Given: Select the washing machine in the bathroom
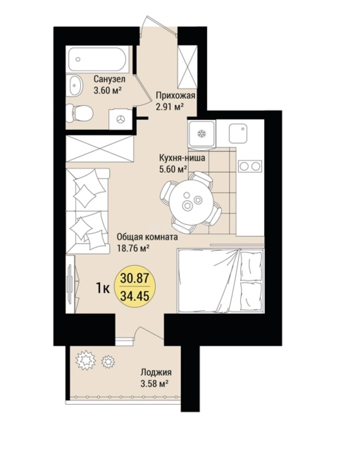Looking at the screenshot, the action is click(120, 119).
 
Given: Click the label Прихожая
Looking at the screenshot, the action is click(176, 95).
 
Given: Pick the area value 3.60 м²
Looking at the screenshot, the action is click(107, 90).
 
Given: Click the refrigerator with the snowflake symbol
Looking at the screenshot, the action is click(201, 134).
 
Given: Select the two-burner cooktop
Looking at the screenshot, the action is click(250, 166).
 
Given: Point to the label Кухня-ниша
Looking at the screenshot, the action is click(182, 158).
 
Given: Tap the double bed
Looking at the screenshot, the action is click(221, 281).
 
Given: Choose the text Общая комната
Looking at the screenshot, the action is click(147, 237).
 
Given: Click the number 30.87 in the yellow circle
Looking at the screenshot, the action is click(135, 279).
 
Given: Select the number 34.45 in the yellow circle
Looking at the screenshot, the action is click(135, 296).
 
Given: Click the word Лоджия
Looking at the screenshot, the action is click(156, 372).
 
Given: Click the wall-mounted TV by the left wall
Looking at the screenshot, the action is click(70, 284).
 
